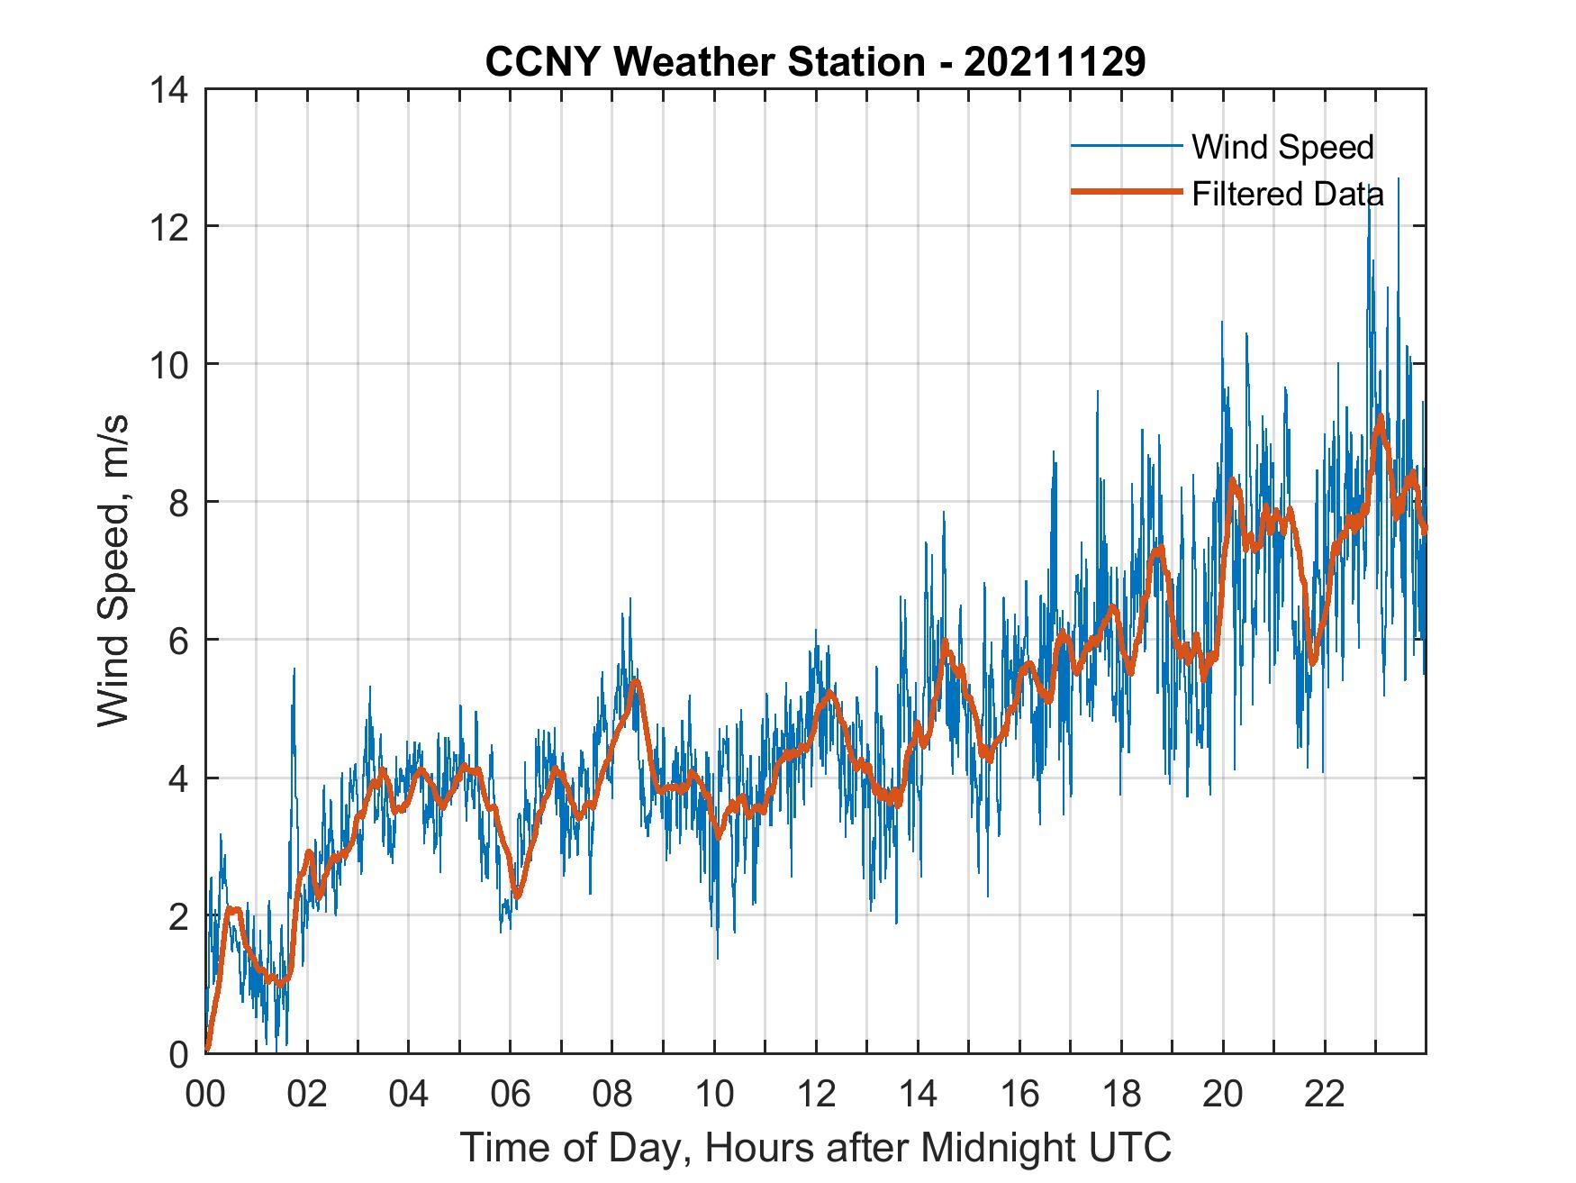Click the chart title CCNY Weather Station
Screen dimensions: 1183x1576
point(704,61)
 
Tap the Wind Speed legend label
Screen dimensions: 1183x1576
point(1282,147)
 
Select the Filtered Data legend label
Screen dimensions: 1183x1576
point(1288,194)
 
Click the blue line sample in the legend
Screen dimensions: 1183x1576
point(1126,146)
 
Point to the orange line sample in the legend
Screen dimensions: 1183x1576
point(1126,192)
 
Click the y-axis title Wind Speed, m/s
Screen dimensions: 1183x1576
point(113,570)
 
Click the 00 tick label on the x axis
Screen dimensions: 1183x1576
point(205,1093)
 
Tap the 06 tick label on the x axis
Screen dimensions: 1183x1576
point(511,1093)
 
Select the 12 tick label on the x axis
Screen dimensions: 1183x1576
point(816,1093)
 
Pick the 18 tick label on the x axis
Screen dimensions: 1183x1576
point(1121,1093)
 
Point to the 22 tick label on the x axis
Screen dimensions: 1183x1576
point(1325,1093)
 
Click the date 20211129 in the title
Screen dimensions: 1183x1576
point(1055,61)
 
